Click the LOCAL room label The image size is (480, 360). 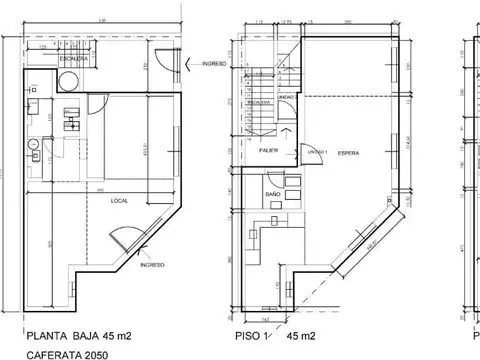[117, 200]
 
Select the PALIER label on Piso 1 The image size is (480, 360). [268, 150]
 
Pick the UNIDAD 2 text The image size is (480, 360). [286, 97]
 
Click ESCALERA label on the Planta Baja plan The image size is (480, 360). [72, 59]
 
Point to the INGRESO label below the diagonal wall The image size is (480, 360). [151, 265]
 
